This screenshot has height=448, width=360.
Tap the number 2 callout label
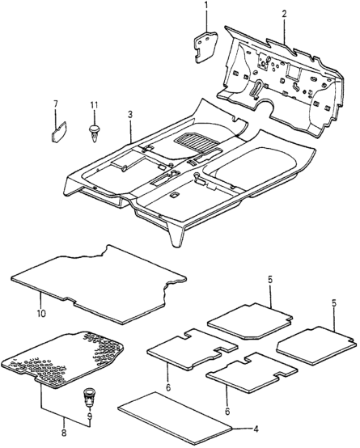(283, 13)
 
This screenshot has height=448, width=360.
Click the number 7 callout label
(56, 104)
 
